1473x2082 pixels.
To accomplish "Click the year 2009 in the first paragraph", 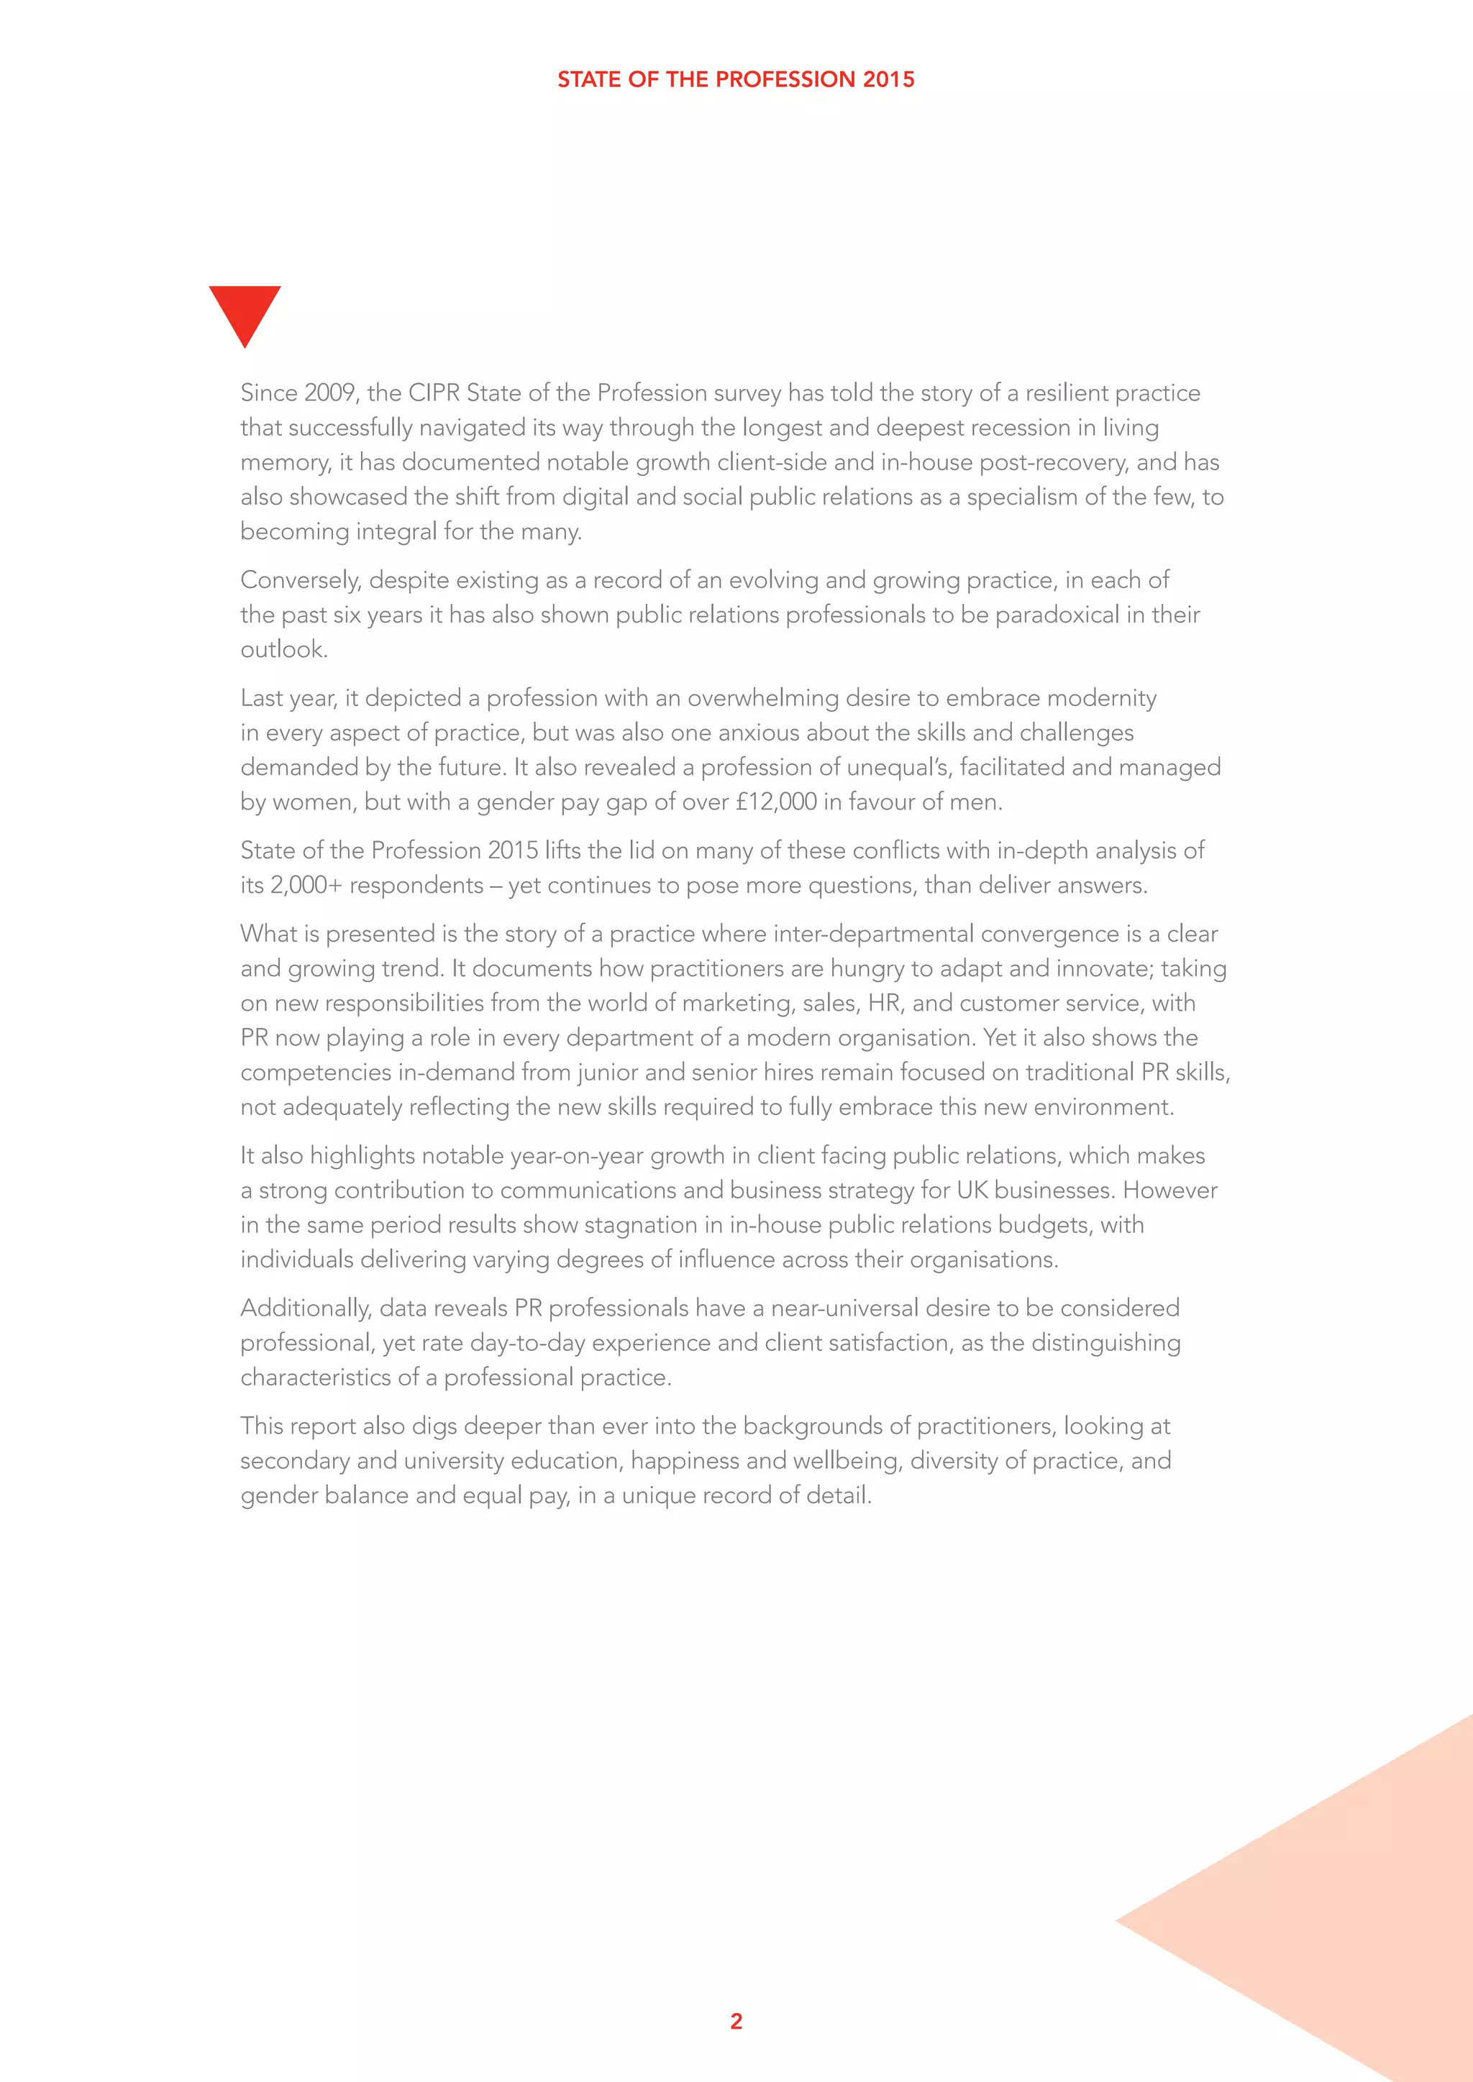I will [330, 393].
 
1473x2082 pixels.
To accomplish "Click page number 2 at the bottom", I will [736, 2021].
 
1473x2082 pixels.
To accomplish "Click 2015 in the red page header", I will [888, 80].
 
